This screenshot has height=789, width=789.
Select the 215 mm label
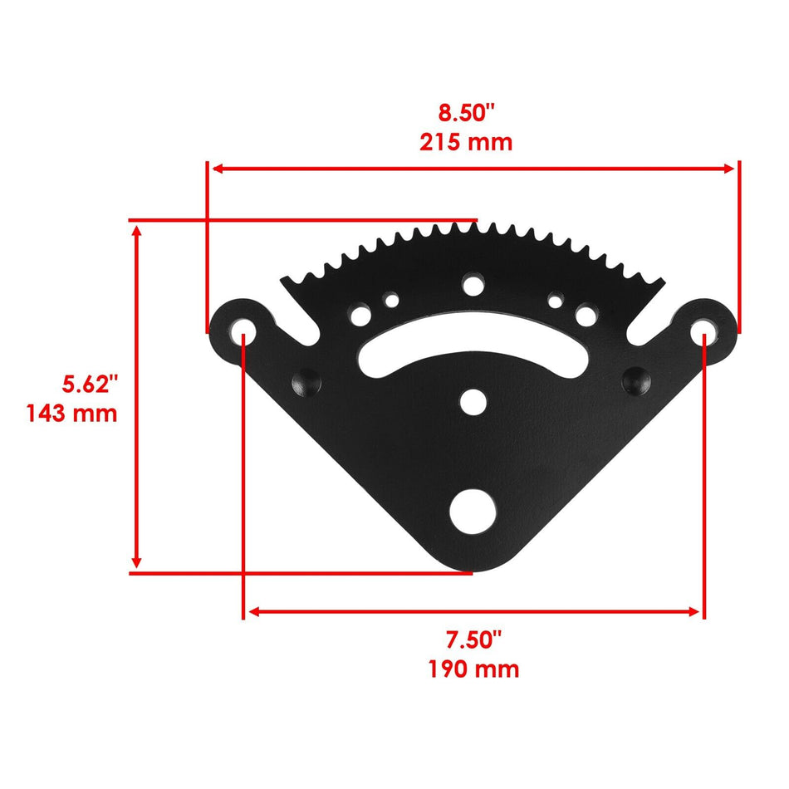(465, 142)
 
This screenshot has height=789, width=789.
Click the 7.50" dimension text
(473, 640)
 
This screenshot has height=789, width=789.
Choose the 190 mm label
(473, 669)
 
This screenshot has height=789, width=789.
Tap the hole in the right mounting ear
(703, 328)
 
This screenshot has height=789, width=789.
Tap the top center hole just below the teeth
(473, 285)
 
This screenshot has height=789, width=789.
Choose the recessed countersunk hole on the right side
(636, 378)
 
